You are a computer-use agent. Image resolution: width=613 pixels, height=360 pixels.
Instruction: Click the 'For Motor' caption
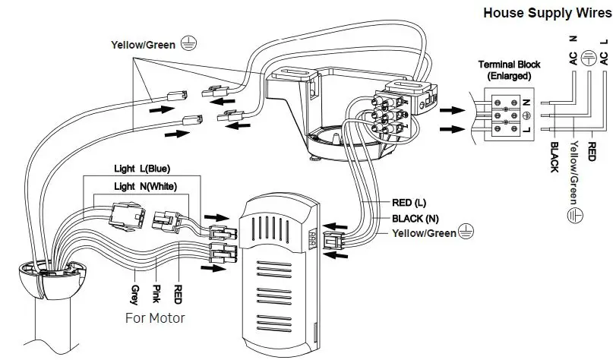155,317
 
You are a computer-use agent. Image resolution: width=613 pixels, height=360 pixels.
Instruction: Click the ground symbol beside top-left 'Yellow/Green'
186,45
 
